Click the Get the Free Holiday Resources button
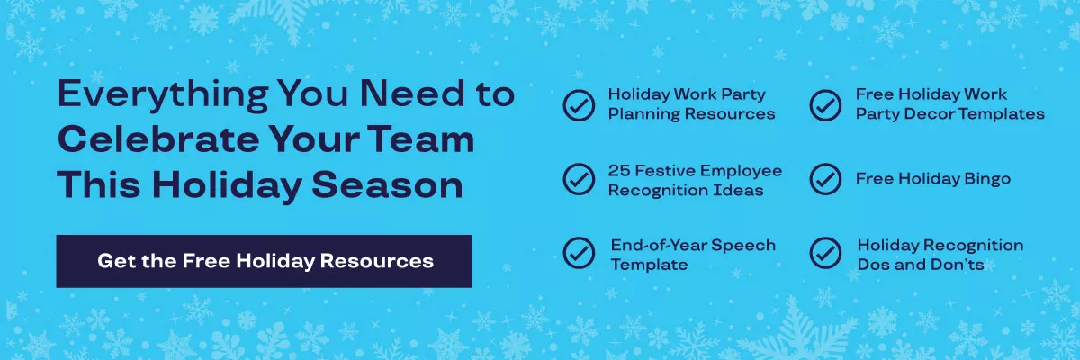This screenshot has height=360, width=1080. coord(264,261)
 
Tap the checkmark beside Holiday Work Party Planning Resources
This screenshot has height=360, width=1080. coord(579,104)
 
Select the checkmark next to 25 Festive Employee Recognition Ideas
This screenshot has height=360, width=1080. coord(579,179)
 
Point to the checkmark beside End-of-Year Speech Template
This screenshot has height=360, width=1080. coord(579,254)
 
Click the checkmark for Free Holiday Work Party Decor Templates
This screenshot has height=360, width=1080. coord(825,104)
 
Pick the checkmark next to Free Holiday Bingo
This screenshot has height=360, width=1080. coord(825,179)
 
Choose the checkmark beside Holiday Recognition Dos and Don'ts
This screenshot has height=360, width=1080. coord(825,254)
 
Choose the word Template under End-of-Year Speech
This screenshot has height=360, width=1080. coord(649,265)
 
